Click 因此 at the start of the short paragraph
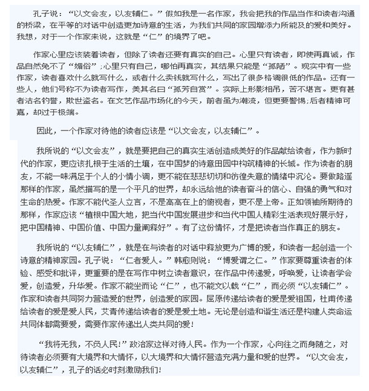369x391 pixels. pyautogui.click(x=46, y=147)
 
